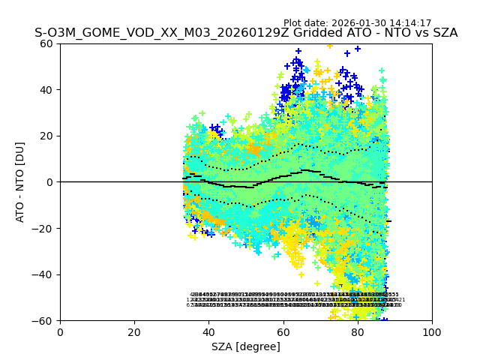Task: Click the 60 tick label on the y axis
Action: pyautogui.click(x=47, y=43)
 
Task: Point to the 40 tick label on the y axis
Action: pyautogui.click(x=47, y=90)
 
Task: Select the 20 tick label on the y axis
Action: pyautogui.click(x=47, y=136)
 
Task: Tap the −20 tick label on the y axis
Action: pyautogui.click(x=44, y=228)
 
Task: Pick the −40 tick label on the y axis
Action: pyautogui.click(x=44, y=274)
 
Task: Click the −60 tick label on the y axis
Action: pyautogui.click(x=44, y=321)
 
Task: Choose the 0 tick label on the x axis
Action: pyautogui.click(x=60, y=331)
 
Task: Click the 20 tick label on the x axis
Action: pyautogui.click(x=134, y=331)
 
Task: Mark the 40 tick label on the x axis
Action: pyautogui.click(x=208, y=331)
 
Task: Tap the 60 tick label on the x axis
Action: pyautogui.click(x=283, y=331)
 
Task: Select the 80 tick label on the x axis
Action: pyautogui.click(x=358, y=331)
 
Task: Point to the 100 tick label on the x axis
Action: pyautogui.click(x=432, y=331)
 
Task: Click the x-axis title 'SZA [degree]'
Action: pyautogui.click(x=246, y=346)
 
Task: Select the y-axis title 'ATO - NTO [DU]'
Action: pyautogui.click(x=21, y=181)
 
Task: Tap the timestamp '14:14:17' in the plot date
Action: pyautogui.click(x=410, y=23)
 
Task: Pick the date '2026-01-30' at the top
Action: pyautogui.click(x=359, y=23)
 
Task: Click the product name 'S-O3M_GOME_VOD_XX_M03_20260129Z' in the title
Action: pyautogui.click(x=142, y=34)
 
